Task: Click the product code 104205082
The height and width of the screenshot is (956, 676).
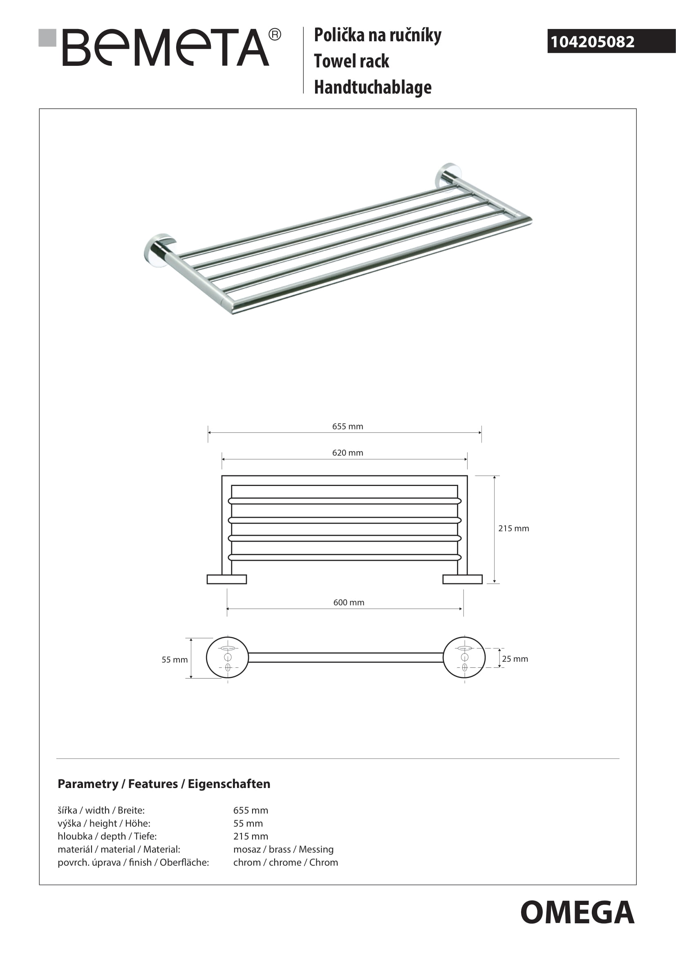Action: click(x=592, y=42)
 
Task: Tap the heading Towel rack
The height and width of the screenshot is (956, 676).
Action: click(x=351, y=61)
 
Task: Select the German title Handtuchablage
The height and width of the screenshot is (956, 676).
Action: click(x=373, y=87)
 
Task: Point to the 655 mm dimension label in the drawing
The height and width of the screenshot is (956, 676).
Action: click(x=347, y=426)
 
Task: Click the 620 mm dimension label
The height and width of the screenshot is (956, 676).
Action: click(x=347, y=452)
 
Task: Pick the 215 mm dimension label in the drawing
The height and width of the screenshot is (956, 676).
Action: click(x=513, y=528)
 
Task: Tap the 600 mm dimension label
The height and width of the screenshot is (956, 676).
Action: click(x=348, y=602)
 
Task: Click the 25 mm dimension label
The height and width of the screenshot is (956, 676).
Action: click(x=515, y=659)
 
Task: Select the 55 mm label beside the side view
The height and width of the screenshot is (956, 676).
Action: click(x=175, y=660)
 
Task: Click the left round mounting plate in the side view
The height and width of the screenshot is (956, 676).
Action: click(x=227, y=658)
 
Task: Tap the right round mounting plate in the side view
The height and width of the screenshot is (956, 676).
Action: click(x=464, y=658)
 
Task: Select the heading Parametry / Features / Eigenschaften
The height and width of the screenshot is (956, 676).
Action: click(x=163, y=784)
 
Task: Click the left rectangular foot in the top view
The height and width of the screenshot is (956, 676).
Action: click(x=227, y=579)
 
